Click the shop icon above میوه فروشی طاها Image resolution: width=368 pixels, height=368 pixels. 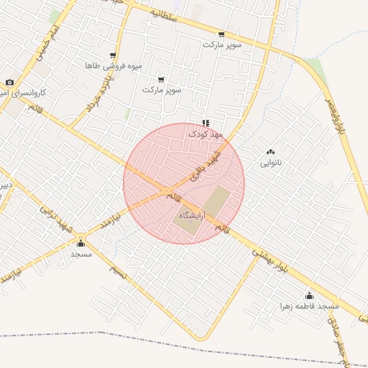point(113,55)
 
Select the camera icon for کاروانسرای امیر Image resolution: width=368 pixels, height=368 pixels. point(10,83)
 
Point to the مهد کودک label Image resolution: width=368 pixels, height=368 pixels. point(206,134)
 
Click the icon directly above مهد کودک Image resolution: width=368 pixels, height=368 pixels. point(206,123)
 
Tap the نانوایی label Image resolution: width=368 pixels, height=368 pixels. point(271,162)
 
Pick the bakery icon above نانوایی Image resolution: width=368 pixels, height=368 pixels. point(271,152)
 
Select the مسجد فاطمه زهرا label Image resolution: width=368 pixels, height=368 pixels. point(310,305)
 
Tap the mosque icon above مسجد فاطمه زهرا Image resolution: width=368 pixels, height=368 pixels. point(310,295)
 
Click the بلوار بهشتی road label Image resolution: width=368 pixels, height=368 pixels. point(272,259)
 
